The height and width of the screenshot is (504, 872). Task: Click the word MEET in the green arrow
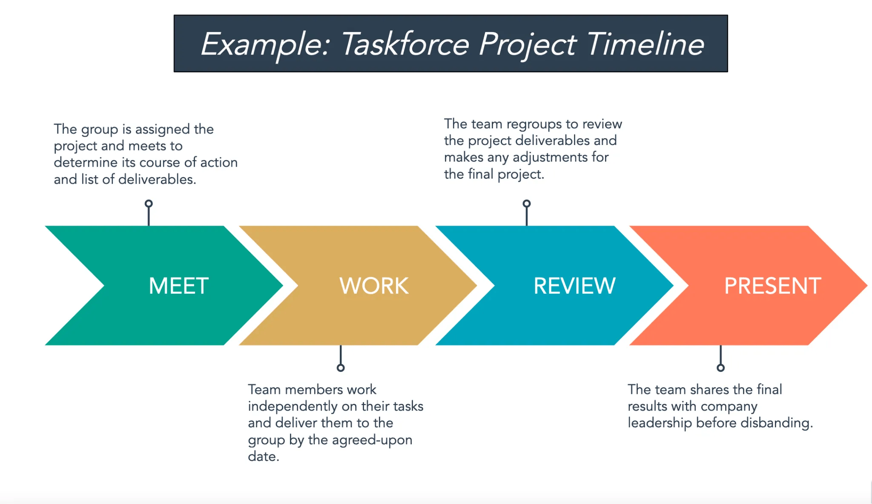178,286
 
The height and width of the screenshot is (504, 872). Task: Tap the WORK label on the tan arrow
374,286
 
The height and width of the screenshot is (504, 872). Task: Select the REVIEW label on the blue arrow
574,286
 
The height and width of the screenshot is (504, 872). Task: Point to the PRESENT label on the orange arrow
772,286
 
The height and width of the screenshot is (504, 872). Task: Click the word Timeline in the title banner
645,44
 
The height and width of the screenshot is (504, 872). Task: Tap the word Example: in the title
265,44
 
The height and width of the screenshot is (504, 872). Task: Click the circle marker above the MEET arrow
149,203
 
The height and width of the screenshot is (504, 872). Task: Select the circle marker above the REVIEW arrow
527,203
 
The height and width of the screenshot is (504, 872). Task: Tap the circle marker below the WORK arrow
341,368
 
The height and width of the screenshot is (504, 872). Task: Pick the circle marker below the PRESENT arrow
720,368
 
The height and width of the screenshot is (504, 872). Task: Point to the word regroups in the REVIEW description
534,124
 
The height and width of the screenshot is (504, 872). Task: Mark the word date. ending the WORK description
264,457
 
